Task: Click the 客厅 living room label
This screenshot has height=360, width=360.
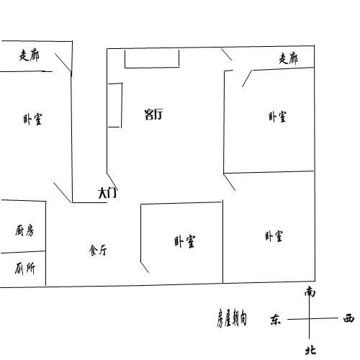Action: (x=153, y=114)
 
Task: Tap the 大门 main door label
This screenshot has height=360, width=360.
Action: (x=107, y=193)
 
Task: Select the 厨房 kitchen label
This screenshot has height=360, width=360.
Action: (x=24, y=230)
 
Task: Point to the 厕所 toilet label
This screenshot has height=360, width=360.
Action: (x=25, y=269)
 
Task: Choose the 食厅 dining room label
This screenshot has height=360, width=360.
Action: (x=98, y=251)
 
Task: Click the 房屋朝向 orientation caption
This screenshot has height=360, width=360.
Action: (x=232, y=318)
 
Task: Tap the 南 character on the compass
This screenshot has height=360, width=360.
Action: (x=310, y=292)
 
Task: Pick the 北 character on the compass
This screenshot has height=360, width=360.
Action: (x=310, y=350)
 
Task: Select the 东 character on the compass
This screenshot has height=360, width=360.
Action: (x=276, y=320)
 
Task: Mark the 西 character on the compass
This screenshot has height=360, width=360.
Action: (x=348, y=319)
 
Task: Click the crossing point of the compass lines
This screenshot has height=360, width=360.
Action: (x=309, y=319)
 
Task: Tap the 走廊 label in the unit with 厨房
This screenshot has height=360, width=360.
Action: (x=30, y=55)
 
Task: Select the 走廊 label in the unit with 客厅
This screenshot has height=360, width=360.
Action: (x=288, y=58)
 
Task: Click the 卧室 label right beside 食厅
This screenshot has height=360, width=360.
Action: (x=185, y=241)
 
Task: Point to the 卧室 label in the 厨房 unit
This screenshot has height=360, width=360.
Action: (x=32, y=119)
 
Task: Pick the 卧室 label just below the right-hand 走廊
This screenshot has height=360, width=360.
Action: (x=277, y=117)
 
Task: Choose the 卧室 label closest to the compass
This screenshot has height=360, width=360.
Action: (x=274, y=236)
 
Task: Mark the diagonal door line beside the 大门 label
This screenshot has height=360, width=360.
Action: (x=112, y=182)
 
